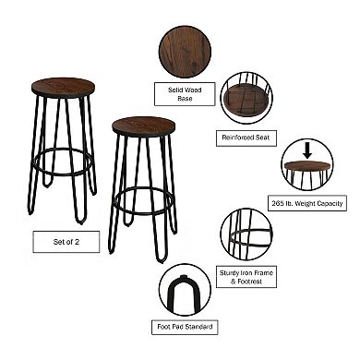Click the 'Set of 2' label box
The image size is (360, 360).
pos(66,241)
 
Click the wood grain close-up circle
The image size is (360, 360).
pos(185,51)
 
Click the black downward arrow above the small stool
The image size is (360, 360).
pos(307,148)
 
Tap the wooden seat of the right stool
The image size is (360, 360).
pos(143,126)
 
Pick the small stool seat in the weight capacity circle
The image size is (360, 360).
pos(307,167)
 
